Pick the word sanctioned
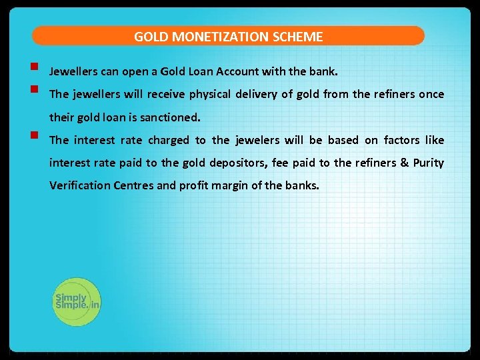coord(167,117)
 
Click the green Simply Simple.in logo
coord(76,302)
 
